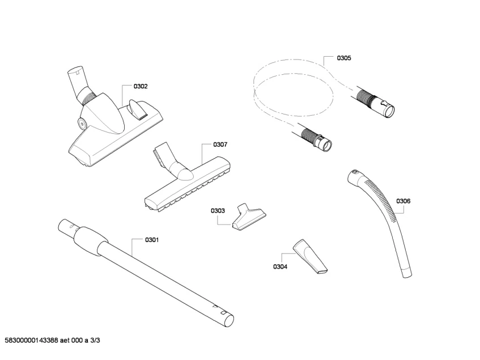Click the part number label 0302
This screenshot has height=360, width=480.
point(141,86)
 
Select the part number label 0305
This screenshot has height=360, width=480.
point(344,58)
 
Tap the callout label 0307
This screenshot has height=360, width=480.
point(220,145)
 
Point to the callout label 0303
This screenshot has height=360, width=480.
point(218,210)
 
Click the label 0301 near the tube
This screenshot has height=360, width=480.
point(151,240)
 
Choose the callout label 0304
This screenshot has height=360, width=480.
point(280,266)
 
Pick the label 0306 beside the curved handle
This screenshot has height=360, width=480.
point(403,201)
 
